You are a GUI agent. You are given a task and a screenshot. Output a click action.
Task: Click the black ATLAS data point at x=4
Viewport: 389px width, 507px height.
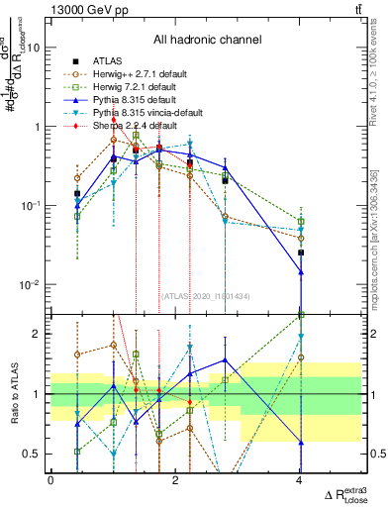(x=300, y=253)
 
